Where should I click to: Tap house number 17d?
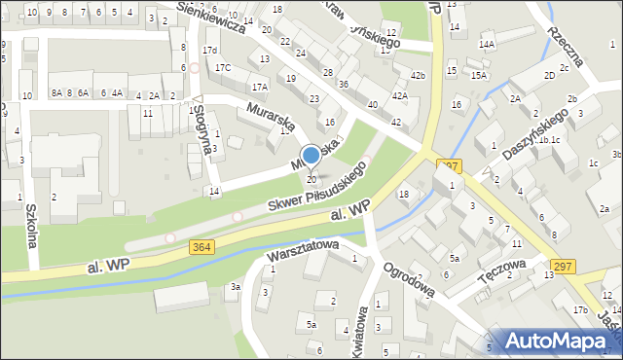click(209, 50)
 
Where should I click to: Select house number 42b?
click(418, 76)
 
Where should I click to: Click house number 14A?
click(486, 45)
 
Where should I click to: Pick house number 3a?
click(235, 287)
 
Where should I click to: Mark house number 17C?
click(223, 67)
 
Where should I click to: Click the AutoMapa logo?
click(556, 341)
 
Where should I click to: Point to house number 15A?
click(478, 75)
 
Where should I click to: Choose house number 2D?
click(550, 75)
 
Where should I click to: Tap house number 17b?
click(581, 309)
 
